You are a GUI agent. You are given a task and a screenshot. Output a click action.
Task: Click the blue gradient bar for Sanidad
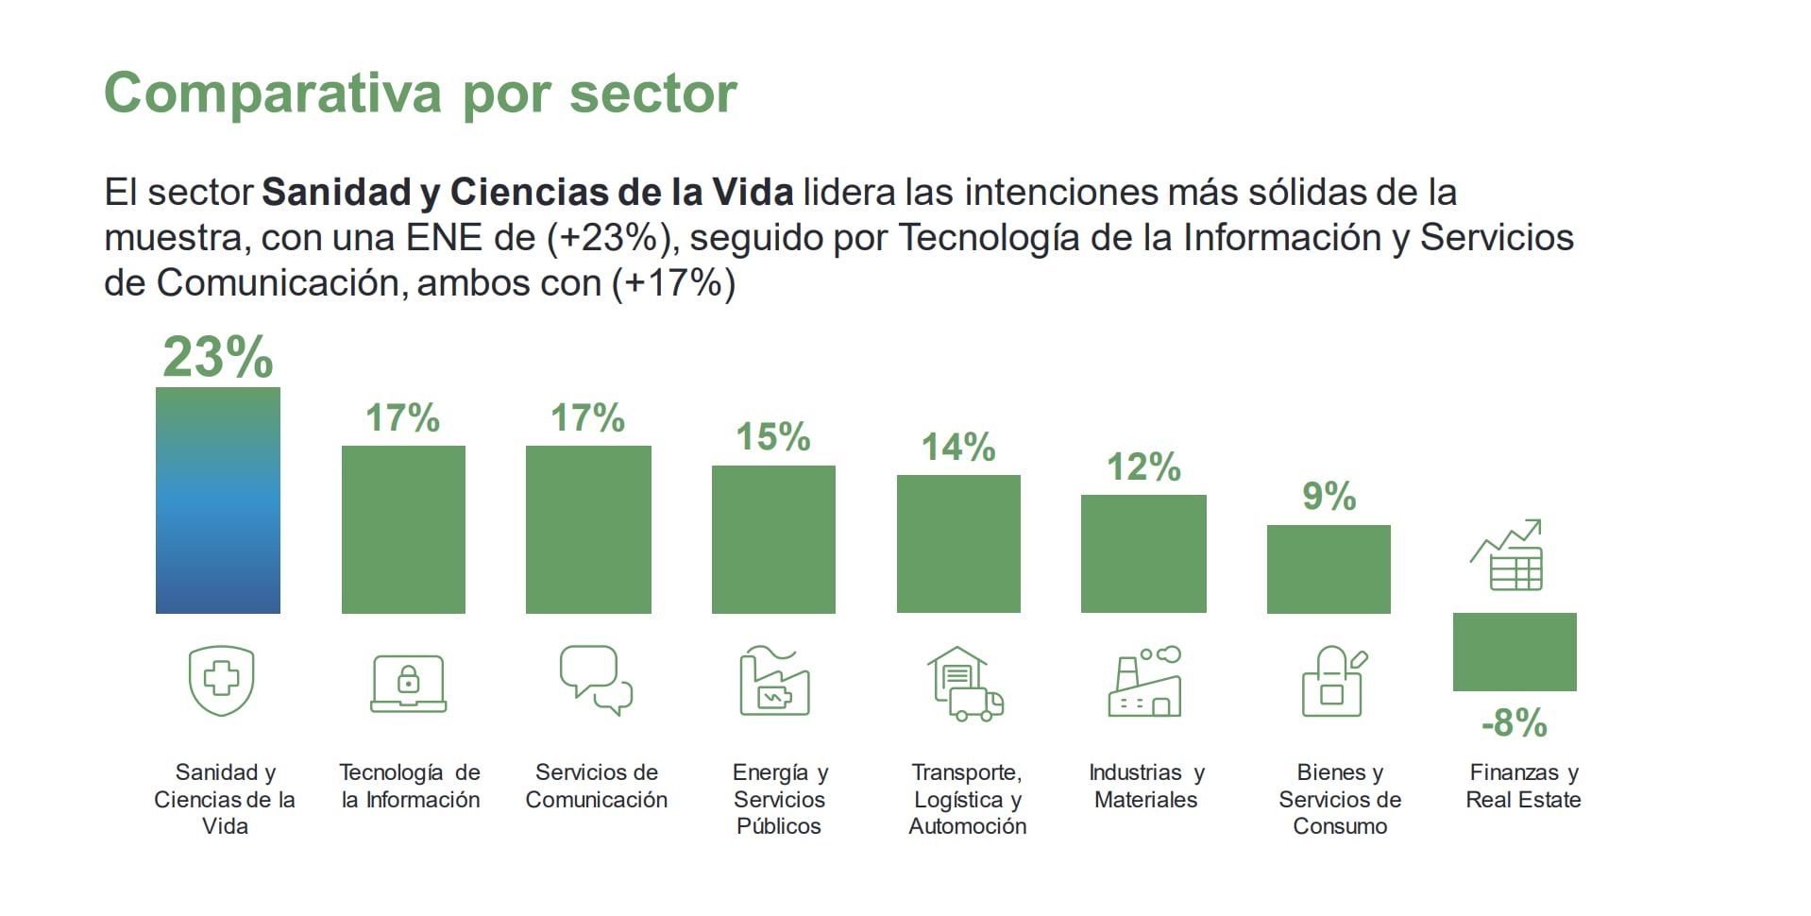tap(217, 500)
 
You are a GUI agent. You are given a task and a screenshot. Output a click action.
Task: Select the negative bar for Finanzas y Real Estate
tap(1514, 652)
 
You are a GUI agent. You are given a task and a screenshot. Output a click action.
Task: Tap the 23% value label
tap(217, 357)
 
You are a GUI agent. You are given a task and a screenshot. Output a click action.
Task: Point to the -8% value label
tap(1514, 723)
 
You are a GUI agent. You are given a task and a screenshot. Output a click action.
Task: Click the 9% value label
tap(1329, 496)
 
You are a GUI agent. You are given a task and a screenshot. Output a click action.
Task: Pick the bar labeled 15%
tap(773, 539)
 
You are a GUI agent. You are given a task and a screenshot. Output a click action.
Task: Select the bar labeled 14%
tap(958, 544)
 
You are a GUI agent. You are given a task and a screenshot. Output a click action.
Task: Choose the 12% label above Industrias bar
tap(1143, 466)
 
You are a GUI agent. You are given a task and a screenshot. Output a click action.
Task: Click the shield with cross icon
tap(221, 680)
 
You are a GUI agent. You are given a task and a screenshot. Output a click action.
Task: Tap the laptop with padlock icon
tap(408, 683)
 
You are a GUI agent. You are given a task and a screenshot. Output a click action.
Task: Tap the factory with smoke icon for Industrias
tap(1144, 682)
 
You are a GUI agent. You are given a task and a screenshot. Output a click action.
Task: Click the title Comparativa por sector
tap(420, 93)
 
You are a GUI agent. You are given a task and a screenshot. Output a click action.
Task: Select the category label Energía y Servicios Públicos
tap(780, 799)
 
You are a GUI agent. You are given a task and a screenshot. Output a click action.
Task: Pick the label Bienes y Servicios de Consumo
tap(1339, 799)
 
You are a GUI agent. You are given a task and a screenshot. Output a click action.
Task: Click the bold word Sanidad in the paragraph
tap(336, 193)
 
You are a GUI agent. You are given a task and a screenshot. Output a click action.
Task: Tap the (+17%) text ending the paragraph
tap(673, 283)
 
